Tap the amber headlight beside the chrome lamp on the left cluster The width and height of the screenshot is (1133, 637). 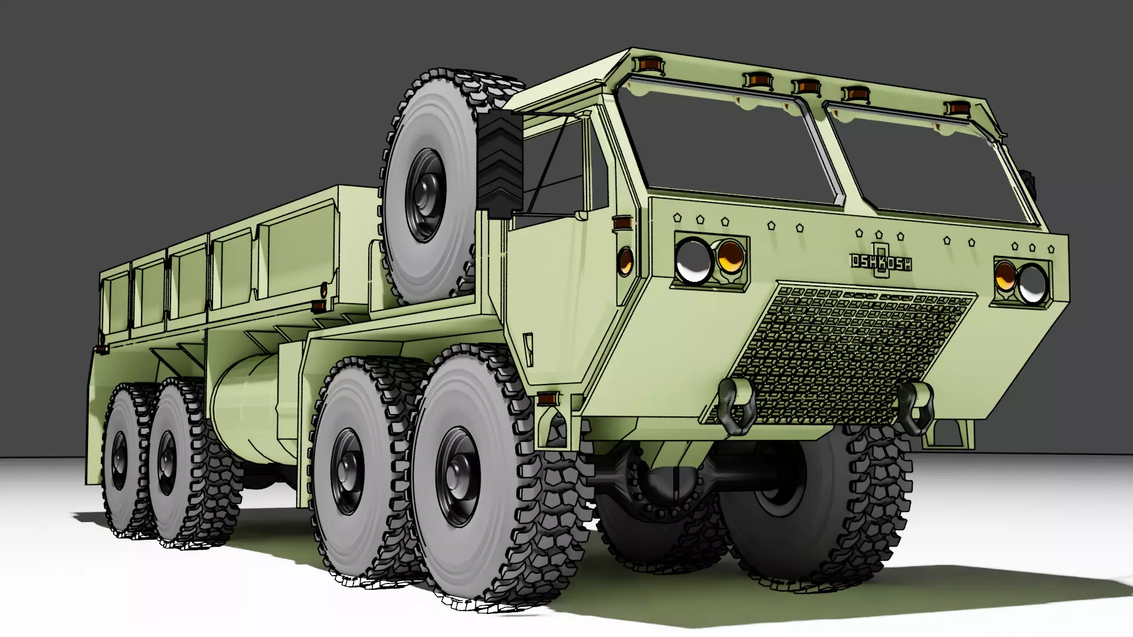click(730, 258)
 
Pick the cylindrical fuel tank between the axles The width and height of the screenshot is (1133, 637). click(248, 407)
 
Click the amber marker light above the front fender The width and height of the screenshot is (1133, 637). click(549, 399)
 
